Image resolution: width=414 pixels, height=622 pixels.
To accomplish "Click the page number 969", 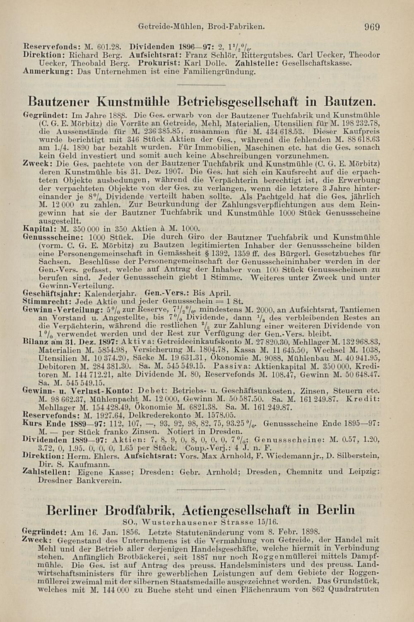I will pyautogui.click(x=372, y=27).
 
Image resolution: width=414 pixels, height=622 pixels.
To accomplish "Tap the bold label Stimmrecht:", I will pyautogui.click(x=42, y=301).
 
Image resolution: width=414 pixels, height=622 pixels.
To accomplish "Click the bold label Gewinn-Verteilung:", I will pyautogui.click(x=56, y=309).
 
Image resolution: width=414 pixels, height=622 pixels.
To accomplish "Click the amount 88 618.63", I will pyautogui.click(x=356, y=139).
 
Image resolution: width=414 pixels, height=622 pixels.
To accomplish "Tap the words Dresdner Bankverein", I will pyautogui.click(x=79, y=481).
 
